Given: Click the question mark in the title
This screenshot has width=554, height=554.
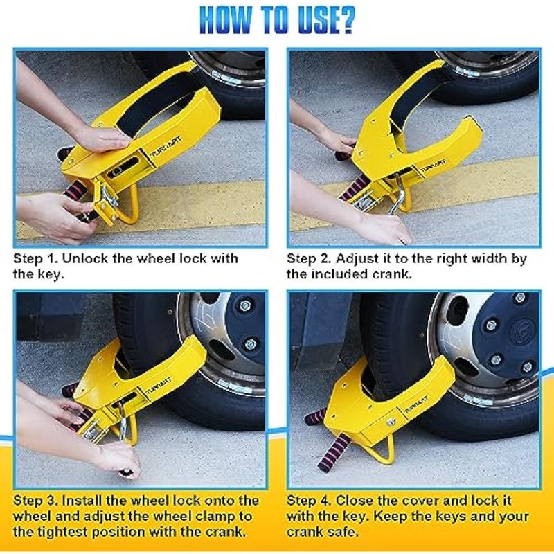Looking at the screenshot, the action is (345, 20).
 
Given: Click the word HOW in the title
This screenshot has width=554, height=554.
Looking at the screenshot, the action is (226, 20).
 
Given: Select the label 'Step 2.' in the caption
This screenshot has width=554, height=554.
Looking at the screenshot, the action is (309, 258).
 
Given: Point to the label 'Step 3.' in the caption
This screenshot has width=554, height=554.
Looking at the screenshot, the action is (36, 501).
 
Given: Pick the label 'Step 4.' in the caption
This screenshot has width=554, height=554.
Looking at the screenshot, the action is (309, 501).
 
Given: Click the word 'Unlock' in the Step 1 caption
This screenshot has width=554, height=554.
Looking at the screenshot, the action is (84, 258).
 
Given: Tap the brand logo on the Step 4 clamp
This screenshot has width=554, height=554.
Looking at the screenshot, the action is (416, 404).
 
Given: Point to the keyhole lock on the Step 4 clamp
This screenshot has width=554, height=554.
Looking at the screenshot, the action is (391, 422).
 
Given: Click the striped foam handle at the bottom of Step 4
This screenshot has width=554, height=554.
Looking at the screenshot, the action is (334, 453).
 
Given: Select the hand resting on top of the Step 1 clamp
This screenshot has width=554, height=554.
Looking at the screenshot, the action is (102, 137).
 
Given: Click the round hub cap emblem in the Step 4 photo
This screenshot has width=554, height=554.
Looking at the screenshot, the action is (523, 332).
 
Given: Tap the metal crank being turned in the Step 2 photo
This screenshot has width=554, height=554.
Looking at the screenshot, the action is (399, 194).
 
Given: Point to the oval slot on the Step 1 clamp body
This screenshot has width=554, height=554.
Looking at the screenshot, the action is (123, 167).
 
